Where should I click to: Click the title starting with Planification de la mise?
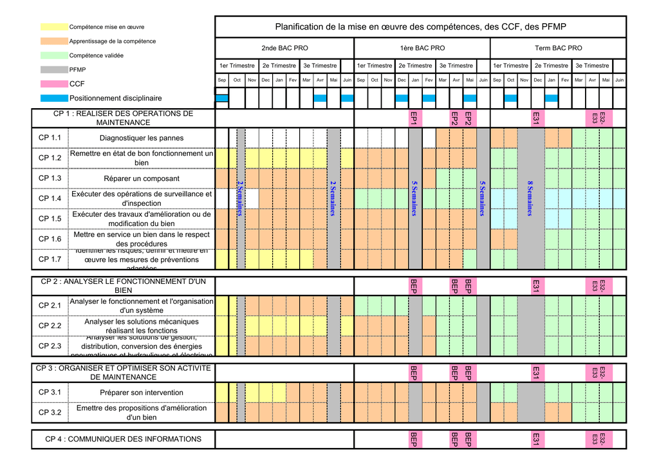420,26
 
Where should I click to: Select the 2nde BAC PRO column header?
284,48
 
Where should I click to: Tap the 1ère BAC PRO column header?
422,48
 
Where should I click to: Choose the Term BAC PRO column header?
558,48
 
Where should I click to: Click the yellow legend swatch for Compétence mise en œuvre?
54,27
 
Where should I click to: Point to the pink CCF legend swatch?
54,84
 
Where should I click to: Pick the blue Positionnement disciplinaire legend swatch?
54,98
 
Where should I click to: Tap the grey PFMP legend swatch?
54,70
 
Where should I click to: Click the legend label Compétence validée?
97,55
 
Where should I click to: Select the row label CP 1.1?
50,138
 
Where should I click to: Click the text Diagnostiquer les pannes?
142,138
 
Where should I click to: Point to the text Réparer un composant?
142,178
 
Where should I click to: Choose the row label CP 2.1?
50,306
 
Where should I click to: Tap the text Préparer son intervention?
142,393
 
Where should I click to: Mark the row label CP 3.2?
50,413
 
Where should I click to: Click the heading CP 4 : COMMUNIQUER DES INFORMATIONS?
123,439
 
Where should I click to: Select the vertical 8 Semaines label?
530,198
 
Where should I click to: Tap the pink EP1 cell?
414,118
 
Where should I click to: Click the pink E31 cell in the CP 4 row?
535,439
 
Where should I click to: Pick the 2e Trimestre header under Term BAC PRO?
551,66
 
